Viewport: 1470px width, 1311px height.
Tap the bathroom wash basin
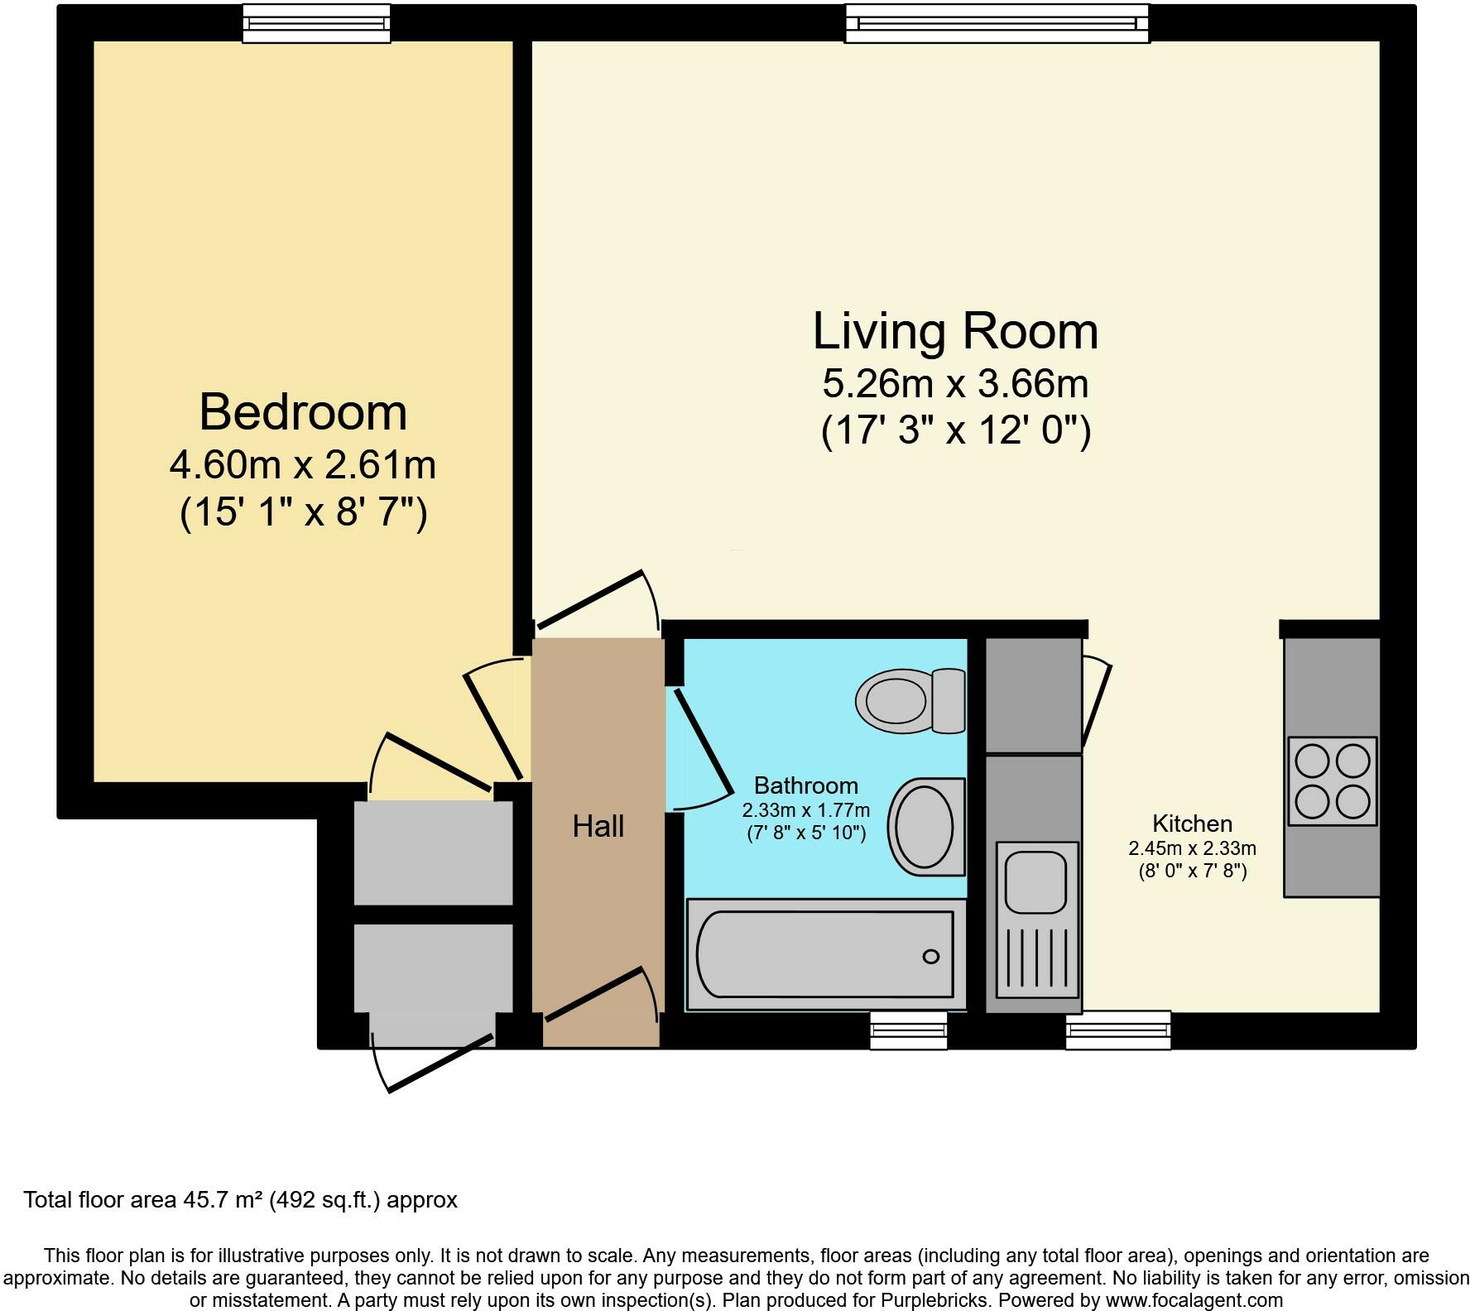click(x=925, y=826)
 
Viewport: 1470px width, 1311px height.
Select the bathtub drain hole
click(x=930, y=957)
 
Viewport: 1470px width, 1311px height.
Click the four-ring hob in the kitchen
click(x=1332, y=780)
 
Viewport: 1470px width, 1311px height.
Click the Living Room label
click(x=955, y=331)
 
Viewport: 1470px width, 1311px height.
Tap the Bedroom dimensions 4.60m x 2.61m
click(x=303, y=465)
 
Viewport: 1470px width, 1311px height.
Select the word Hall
click(x=598, y=826)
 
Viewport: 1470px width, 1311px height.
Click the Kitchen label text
click(x=1192, y=824)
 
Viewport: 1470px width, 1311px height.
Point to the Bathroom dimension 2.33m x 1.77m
click(x=805, y=810)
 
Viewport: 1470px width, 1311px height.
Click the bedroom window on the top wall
click(x=316, y=24)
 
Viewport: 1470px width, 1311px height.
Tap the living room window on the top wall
click(x=997, y=24)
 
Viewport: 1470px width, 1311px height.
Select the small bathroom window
click(x=908, y=1030)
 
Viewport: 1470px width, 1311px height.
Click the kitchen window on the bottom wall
click(x=1117, y=1030)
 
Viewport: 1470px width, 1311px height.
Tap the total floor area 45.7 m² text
click(x=240, y=1200)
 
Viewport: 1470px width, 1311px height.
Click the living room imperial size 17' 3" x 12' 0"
click(x=955, y=431)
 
